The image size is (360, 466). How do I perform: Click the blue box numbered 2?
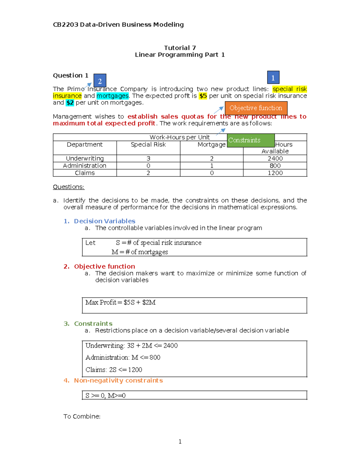pos(100,81)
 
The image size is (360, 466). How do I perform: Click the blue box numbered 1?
pos(273,78)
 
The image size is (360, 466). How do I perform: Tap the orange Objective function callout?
pos(256,108)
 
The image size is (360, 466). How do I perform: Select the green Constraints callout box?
pos(250,140)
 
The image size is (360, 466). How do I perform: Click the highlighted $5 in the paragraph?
pos(203,96)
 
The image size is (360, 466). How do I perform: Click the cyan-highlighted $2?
pos(70,103)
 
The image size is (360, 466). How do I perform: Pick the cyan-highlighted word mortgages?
pos(112,96)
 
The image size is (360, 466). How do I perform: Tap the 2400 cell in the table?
pos(275,158)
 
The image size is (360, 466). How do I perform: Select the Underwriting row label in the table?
pos(85,158)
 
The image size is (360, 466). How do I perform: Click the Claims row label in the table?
pos(85,173)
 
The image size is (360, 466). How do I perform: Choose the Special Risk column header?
pos(148,145)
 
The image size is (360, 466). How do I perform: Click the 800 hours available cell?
pos(275,166)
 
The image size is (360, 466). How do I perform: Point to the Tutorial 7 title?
pos(180,48)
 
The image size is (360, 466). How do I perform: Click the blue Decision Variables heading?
pos(104,221)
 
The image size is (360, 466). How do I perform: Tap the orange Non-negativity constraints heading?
pos(118,380)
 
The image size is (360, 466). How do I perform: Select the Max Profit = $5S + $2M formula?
pos(120,302)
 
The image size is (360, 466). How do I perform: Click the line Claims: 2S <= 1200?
pos(114,370)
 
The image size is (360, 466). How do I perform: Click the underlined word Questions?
pos(68,187)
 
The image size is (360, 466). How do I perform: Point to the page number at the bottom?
pos(180,441)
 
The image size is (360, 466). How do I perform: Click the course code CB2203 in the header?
pos(65,25)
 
